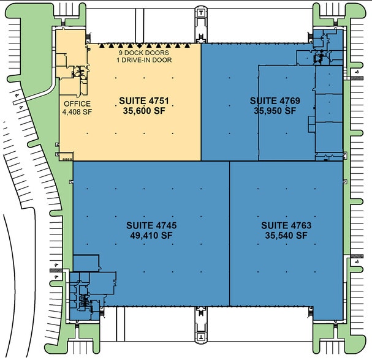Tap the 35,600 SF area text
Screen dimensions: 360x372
point(145,111)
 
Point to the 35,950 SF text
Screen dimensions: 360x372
point(274,111)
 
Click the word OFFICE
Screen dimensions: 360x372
point(76,103)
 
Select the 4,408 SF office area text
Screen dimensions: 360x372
point(76,112)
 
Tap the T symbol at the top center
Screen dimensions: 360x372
point(200,12)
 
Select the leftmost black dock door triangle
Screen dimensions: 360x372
point(101,45)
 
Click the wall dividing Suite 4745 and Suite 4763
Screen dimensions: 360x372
point(229,233)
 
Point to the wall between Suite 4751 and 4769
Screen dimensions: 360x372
point(201,101)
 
